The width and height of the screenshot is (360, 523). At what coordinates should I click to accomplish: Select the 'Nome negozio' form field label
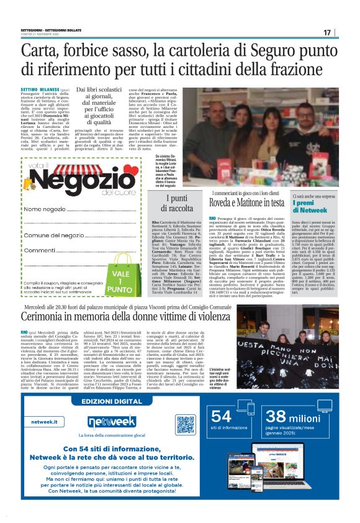[x=45, y=209]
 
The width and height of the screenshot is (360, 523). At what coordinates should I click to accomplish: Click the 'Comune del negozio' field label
[x=54, y=235]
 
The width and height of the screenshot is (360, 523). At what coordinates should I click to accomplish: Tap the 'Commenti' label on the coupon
[x=40, y=250]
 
